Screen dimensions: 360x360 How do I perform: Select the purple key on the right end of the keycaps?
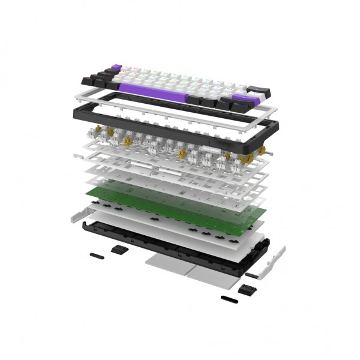(242, 98)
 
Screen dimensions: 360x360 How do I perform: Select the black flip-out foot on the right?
(247, 289)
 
